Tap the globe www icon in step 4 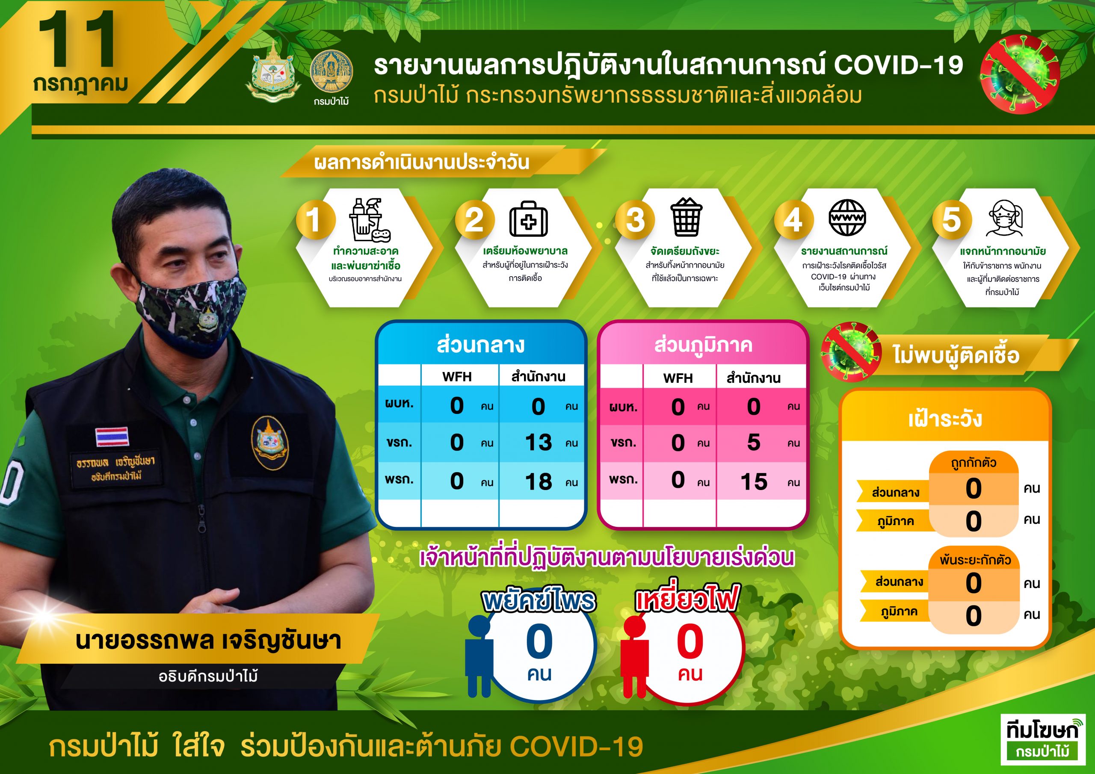click(846, 218)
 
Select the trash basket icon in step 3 click(686, 217)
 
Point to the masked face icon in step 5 click(1004, 218)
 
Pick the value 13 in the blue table click(539, 443)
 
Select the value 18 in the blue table click(539, 482)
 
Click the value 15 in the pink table click(754, 482)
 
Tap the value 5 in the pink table click(754, 443)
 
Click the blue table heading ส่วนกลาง click(480, 345)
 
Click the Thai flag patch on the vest click(112, 436)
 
